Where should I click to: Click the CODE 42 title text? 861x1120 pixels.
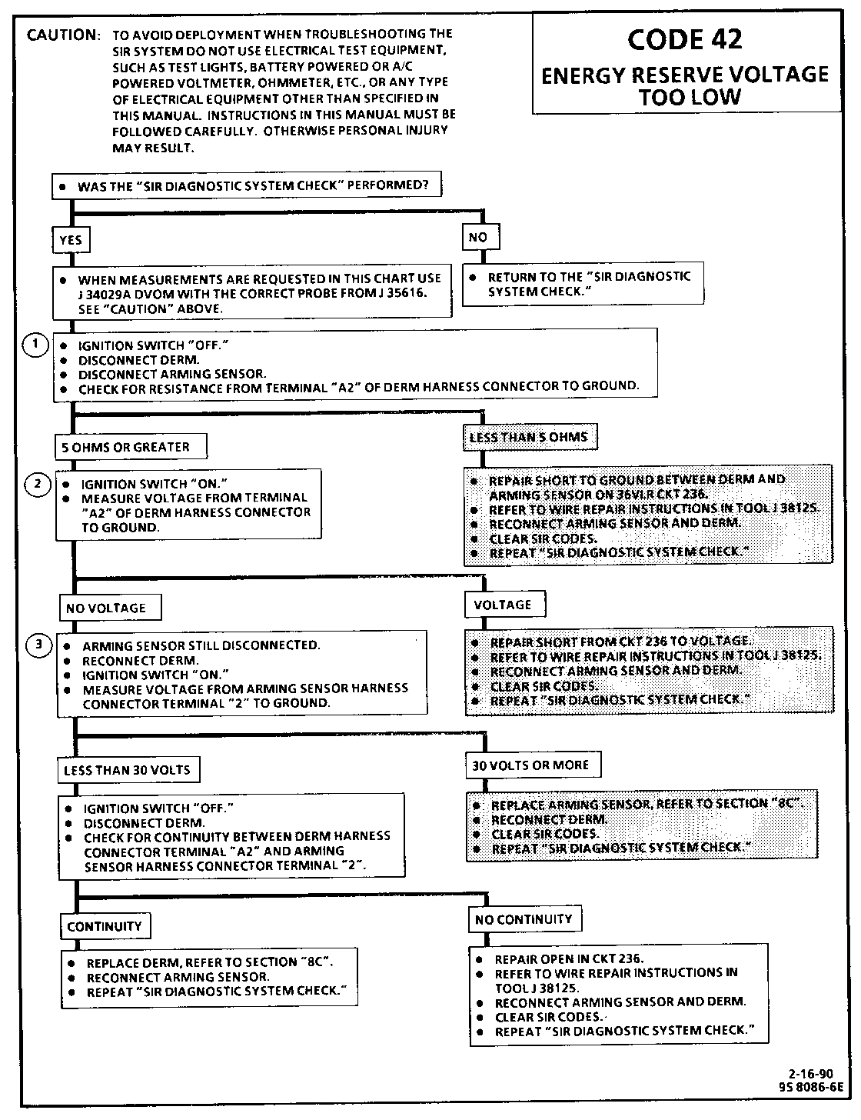(x=684, y=40)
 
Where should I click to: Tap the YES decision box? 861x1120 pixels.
(x=70, y=240)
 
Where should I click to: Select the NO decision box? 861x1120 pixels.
(x=478, y=238)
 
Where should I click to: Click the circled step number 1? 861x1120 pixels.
(x=35, y=346)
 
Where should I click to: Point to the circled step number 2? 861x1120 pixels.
(x=37, y=484)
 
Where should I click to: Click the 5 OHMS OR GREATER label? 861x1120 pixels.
(x=121, y=447)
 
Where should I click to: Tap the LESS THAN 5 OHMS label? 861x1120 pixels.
(x=529, y=437)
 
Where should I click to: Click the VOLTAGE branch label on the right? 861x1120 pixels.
(x=503, y=605)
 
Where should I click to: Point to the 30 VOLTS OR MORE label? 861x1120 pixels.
(x=530, y=765)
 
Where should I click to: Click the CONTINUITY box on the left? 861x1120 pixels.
(x=105, y=926)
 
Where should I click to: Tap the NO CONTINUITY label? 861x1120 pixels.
(x=524, y=919)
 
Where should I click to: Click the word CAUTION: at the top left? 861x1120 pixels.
(x=63, y=36)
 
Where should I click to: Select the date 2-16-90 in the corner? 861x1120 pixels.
(x=809, y=1074)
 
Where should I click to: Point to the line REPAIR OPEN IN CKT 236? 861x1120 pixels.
(x=569, y=959)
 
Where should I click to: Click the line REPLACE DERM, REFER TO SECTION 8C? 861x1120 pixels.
(x=209, y=962)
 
